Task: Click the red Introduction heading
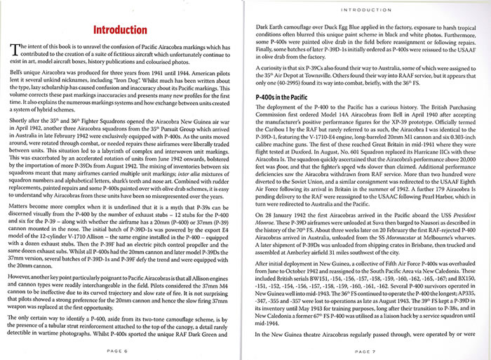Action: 123,32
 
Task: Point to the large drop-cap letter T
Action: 15,49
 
